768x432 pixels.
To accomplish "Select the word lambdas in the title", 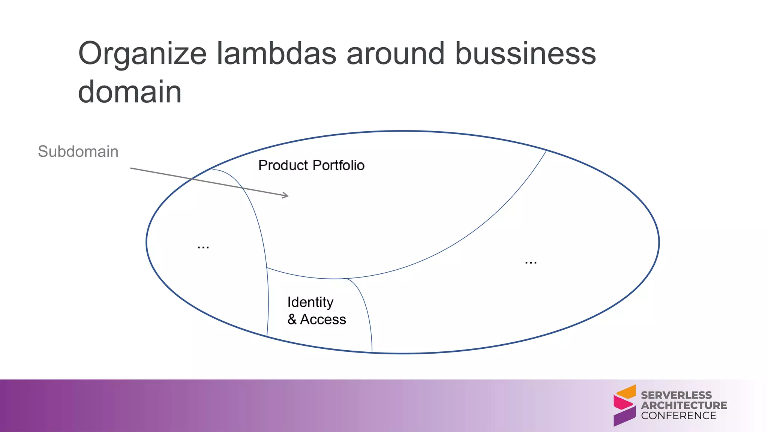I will tap(276, 53).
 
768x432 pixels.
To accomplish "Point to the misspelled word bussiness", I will tap(525, 53).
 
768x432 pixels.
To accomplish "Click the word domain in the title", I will tap(130, 92).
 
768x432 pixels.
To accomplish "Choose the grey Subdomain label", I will tap(78, 151).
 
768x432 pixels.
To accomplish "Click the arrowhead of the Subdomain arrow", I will tap(286, 195).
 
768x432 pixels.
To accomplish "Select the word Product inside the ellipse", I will tap(283, 165).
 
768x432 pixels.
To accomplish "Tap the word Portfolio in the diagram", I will tap(338, 165).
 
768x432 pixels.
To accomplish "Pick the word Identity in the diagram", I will tap(310, 302).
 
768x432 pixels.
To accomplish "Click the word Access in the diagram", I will tap(323, 319).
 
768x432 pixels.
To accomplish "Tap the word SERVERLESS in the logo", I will tap(676, 395).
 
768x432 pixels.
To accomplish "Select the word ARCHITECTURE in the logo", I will tap(684, 405).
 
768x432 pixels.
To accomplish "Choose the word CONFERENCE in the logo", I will tap(678, 415).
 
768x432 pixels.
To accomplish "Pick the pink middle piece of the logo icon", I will tap(622, 403).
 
